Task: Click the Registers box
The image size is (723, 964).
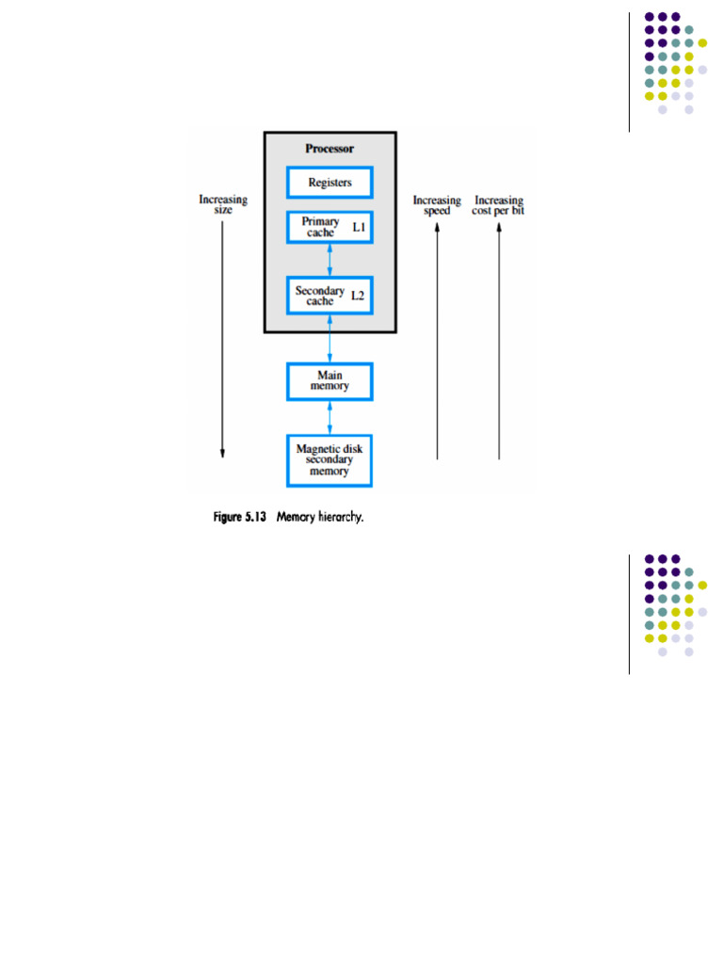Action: [x=329, y=183]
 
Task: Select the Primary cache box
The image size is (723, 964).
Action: [x=329, y=228]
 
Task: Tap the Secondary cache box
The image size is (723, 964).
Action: [x=329, y=295]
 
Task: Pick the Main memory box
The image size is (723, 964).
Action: [x=329, y=380]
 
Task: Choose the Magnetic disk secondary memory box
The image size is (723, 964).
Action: [x=329, y=458]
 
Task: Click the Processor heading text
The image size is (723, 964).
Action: [x=329, y=149]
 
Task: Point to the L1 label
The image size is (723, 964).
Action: [x=359, y=228]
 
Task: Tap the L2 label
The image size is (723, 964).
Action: [x=358, y=296]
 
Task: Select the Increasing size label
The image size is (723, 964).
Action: [x=223, y=204]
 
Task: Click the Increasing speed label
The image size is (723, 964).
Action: [x=437, y=204]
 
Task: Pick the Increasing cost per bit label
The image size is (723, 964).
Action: [x=498, y=204]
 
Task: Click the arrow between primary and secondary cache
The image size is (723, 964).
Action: [x=329, y=259]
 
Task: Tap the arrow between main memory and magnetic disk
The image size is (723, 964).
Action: [x=329, y=417]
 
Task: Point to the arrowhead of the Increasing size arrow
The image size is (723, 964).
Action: [x=223, y=454]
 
